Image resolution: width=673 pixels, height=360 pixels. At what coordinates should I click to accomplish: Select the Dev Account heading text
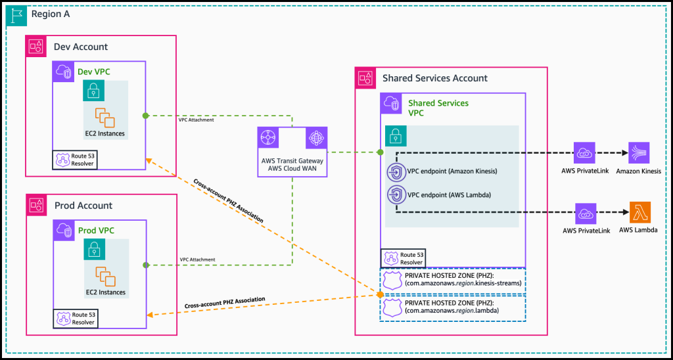pyautogui.click(x=81, y=47)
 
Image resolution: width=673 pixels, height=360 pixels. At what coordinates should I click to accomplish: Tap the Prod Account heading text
pyautogui.click(x=83, y=205)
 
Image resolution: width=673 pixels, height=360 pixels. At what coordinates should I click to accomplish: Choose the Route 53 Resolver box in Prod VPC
pyautogui.click(x=74, y=319)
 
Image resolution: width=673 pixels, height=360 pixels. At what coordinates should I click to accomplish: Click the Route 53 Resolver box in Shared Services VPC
pyautogui.click(x=403, y=258)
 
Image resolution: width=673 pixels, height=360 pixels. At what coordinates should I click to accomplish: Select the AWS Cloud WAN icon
pyautogui.click(x=315, y=139)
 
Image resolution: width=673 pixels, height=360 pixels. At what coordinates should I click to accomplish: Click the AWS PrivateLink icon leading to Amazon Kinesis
pyautogui.click(x=584, y=153)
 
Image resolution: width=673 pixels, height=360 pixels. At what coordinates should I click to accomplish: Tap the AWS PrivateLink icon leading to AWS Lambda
pyautogui.click(x=584, y=214)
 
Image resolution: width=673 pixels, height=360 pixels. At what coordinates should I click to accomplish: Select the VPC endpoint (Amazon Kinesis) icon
pyautogui.click(x=396, y=172)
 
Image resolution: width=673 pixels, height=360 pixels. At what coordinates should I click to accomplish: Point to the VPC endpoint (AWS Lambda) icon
pyautogui.click(x=396, y=194)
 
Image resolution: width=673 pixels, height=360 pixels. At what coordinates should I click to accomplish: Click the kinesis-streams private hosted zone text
pyautogui.click(x=464, y=282)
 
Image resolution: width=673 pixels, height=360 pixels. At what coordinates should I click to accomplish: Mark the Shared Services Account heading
pyautogui.click(x=434, y=78)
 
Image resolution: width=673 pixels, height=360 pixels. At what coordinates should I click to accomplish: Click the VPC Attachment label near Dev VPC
pyautogui.click(x=197, y=121)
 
